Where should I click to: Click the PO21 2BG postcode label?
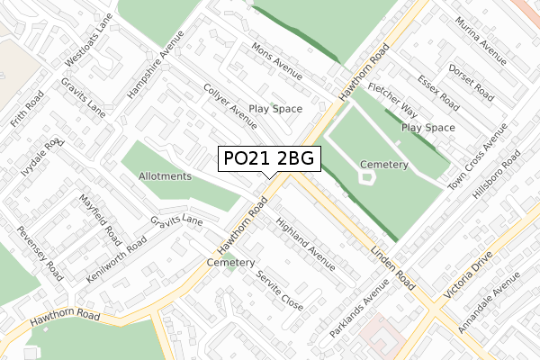(268, 158)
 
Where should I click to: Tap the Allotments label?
(165, 176)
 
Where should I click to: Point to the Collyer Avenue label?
(230, 105)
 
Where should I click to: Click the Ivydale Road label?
(42, 159)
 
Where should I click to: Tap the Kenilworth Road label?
(112, 257)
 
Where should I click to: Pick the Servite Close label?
(279, 288)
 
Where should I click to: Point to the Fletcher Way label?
(391, 102)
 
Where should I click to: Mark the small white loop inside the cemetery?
(366, 176)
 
